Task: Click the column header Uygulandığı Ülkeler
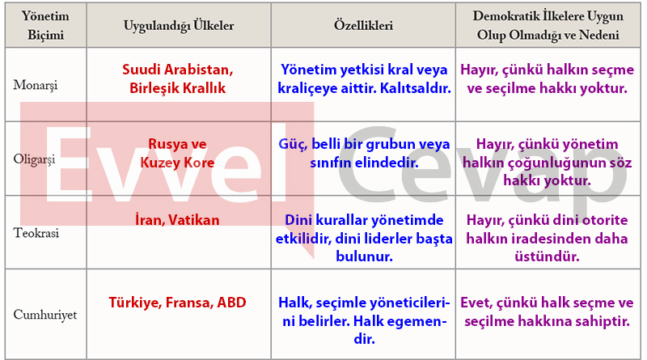179,26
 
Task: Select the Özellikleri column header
363,25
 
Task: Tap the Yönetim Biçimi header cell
45,25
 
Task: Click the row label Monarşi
36,85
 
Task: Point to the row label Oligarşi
34,159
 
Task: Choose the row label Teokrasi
36,233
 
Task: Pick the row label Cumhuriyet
45,315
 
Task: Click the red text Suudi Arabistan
177,70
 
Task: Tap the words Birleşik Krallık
177,88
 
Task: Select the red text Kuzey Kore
177,163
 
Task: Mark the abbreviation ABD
231,303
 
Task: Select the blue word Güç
293,144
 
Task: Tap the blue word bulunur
364,256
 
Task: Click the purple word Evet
476,303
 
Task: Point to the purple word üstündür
548,256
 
